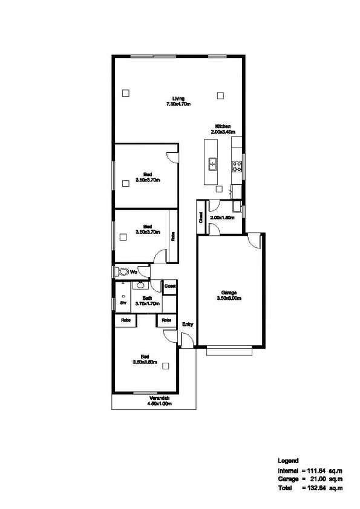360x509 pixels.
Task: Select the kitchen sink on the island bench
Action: [213, 163]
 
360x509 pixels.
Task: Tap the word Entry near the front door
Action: [188, 325]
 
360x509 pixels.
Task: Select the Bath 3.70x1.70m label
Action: [147, 300]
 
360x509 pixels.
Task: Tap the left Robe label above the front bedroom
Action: [126, 320]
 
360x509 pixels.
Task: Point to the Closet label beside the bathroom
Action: [170, 285]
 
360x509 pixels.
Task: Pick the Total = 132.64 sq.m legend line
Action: [310, 487]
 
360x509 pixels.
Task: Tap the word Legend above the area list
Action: [287, 461]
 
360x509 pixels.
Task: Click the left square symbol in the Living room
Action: [125, 93]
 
